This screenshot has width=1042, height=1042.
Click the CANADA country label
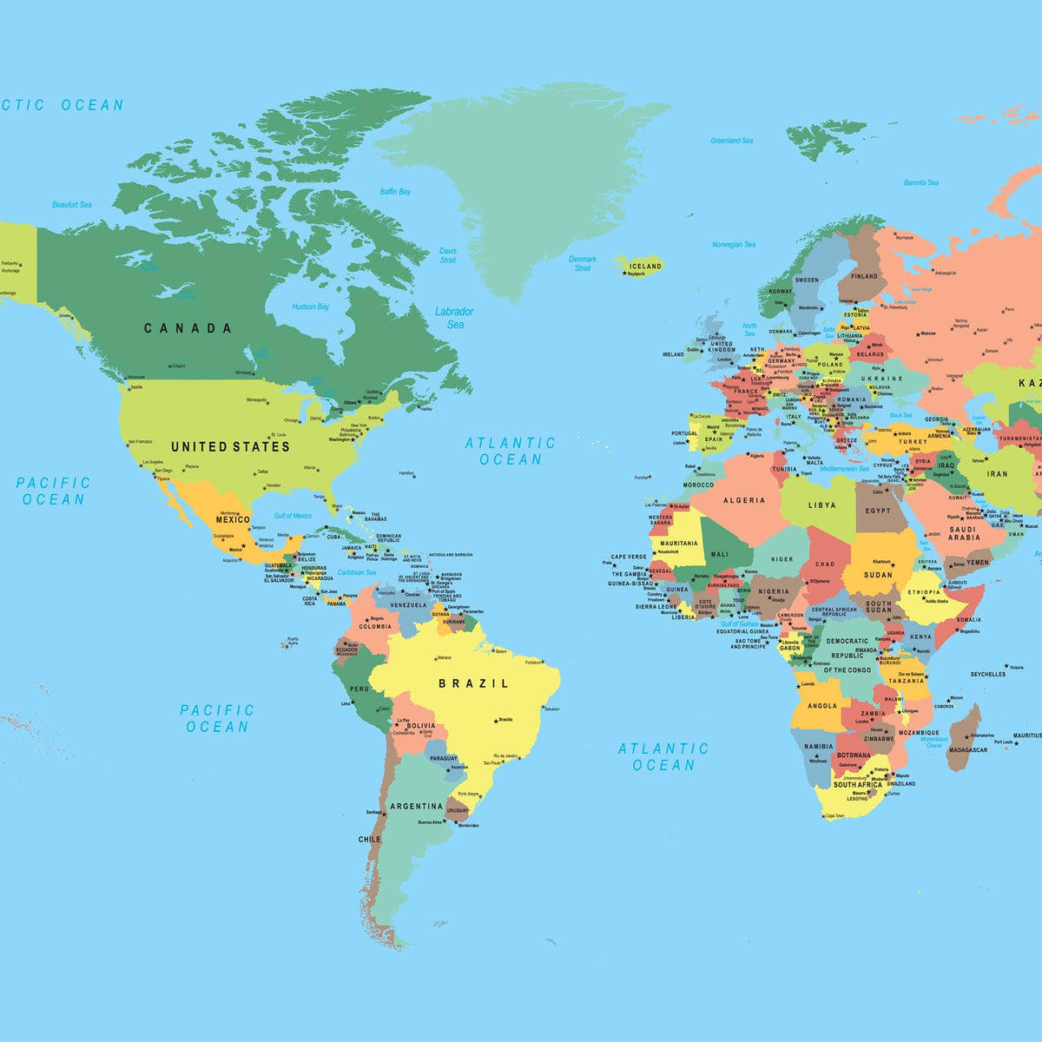188,328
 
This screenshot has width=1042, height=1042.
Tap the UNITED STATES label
230,446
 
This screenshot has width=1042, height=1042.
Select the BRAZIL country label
474,683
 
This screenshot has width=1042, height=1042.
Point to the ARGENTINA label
418,806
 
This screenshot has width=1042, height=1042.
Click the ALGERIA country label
745,500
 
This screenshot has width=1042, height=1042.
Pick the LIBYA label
822,505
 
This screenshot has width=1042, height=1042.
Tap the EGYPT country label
878,511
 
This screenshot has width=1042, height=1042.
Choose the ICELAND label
645,266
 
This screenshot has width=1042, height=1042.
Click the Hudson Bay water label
311,307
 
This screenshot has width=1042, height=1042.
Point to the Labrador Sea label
455,317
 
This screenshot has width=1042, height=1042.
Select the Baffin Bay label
395,191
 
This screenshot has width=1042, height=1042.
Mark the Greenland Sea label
732,141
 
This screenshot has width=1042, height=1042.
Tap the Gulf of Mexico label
293,516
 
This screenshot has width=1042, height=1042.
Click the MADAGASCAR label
967,749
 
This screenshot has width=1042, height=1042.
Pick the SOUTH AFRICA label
858,784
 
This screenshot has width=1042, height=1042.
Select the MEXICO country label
233,519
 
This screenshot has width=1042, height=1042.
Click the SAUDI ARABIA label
964,533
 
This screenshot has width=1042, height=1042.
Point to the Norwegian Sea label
734,245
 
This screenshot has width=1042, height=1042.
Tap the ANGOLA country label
822,706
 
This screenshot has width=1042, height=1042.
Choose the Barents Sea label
921,182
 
